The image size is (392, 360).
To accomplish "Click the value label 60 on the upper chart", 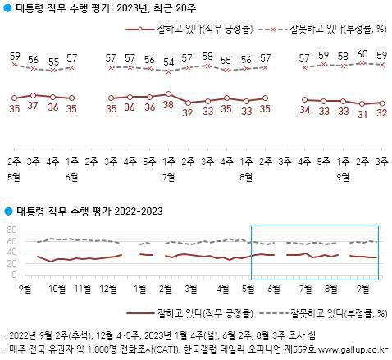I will click(x=362, y=56).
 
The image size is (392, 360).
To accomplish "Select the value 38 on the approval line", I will click(x=168, y=106).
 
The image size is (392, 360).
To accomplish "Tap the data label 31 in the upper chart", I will click(x=362, y=114).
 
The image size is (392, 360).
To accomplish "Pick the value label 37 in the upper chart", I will click(x=34, y=107).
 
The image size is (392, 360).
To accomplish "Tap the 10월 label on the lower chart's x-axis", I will click(x=58, y=288).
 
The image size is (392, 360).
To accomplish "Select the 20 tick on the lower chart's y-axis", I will click(x=11, y=262).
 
